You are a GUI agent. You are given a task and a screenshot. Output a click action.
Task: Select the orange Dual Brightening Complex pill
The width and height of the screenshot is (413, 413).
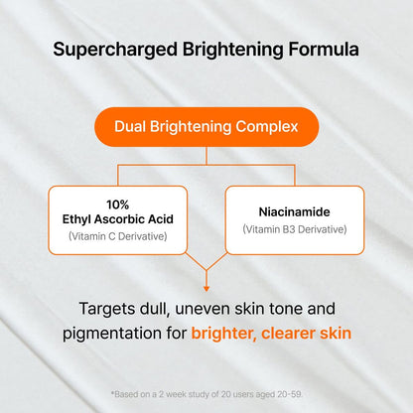click(x=206, y=127)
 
